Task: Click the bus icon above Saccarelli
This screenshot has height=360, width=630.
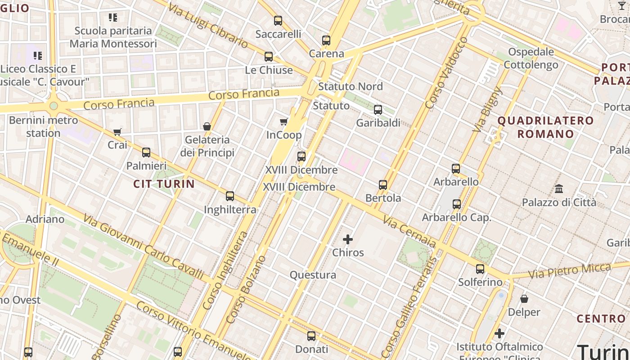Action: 278,20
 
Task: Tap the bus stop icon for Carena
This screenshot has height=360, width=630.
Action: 326,40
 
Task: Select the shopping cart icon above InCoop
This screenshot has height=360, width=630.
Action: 284,121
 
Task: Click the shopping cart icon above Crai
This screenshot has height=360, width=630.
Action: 117,132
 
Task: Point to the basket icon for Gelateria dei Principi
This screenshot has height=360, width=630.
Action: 207,126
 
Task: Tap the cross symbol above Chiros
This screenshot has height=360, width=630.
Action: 348,239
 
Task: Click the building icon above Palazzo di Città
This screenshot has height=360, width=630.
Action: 559,189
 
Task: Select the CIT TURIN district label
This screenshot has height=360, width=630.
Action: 164,184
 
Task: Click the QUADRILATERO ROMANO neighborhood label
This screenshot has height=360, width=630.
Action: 545,127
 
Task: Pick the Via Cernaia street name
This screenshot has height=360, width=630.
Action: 409,232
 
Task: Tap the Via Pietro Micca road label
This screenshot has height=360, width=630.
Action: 570,271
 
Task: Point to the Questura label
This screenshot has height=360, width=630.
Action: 313,275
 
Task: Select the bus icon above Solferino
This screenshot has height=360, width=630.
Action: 480,269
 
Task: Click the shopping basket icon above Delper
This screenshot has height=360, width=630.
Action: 524,299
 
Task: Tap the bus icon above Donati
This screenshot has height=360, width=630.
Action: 311,336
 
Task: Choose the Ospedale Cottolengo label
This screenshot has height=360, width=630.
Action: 531,58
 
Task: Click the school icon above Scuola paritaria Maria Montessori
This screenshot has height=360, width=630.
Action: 113,18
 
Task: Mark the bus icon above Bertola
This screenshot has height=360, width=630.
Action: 383,184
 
